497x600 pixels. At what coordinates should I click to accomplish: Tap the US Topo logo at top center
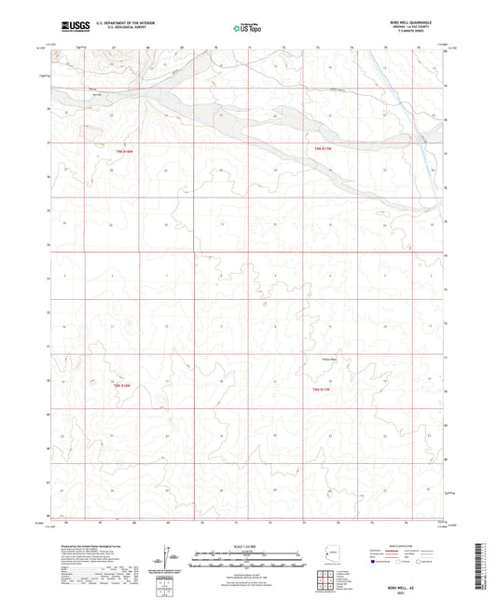tap(247, 29)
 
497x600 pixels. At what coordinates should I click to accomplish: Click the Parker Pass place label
tap(328, 359)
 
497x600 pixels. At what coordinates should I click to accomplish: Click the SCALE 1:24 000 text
tap(248, 547)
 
